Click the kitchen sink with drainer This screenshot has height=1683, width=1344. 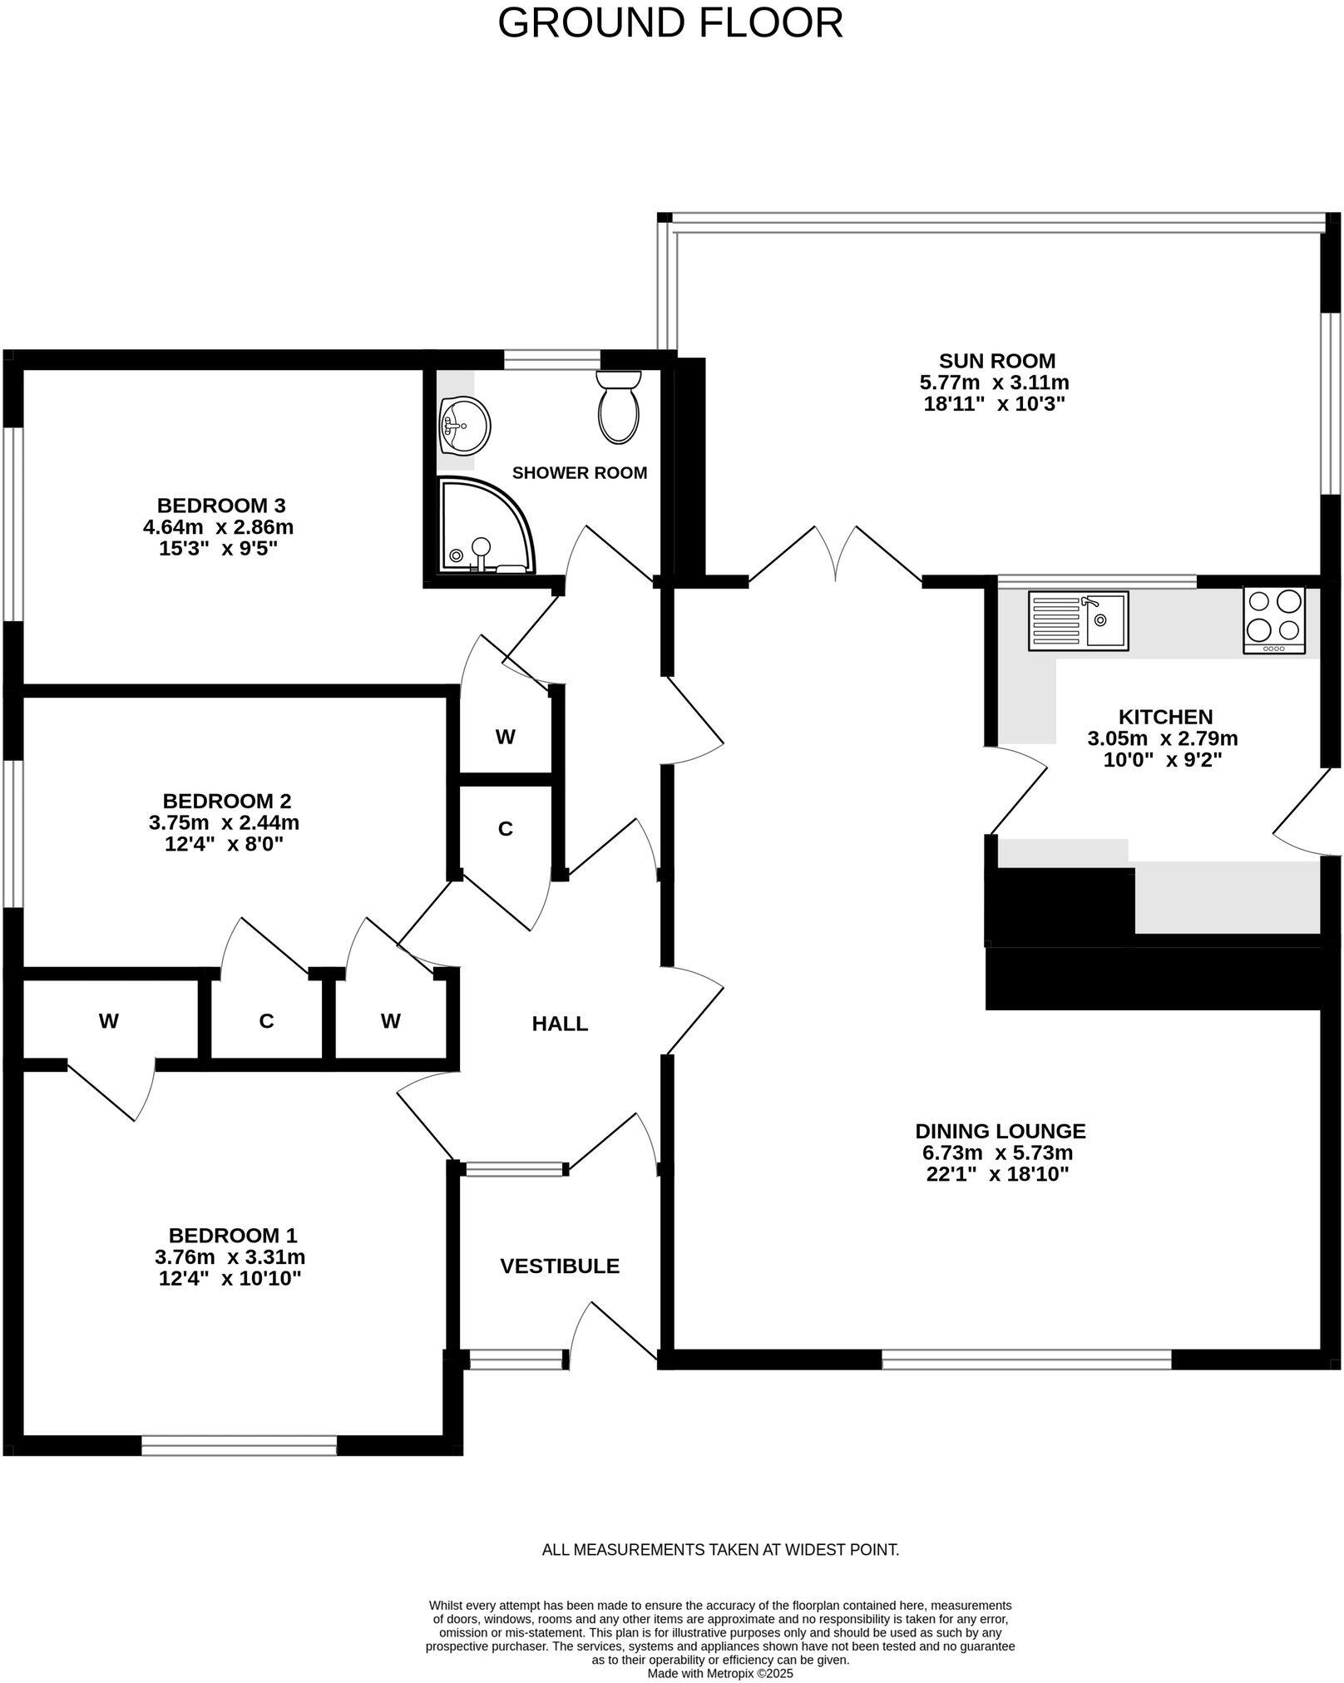(x=1078, y=620)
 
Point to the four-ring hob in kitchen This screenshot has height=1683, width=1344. (x=1274, y=620)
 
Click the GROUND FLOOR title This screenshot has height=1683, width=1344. (x=670, y=23)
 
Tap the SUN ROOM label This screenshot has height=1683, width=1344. (x=996, y=361)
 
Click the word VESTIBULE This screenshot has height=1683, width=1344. (x=560, y=1266)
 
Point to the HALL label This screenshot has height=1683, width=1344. (x=560, y=1024)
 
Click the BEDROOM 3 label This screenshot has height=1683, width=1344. (x=221, y=505)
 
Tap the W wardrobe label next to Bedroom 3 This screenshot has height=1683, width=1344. (x=506, y=737)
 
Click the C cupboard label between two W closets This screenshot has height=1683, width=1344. (x=266, y=1021)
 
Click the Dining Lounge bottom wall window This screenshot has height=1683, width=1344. (x=1026, y=1359)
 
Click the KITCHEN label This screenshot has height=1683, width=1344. (x=1164, y=717)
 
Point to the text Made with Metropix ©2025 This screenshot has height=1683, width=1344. (x=720, y=1674)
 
